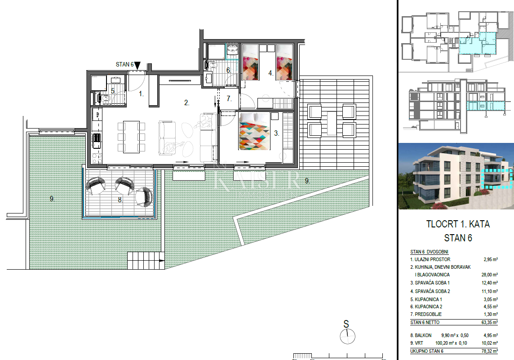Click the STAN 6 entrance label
click(x=124, y=65)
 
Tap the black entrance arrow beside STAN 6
click(x=137, y=66)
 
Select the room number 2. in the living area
click(x=186, y=103)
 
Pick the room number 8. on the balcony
click(x=120, y=200)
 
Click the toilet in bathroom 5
click(x=102, y=97)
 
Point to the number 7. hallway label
click(x=229, y=98)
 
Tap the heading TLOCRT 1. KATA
click(x=458, y=224)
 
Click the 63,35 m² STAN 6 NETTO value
click(x=489, y=322)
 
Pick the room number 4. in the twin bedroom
click(x=270, y=72)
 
